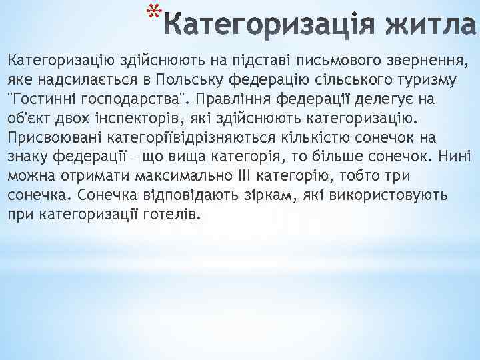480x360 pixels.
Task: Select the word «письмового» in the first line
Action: [x=325, y=61]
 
